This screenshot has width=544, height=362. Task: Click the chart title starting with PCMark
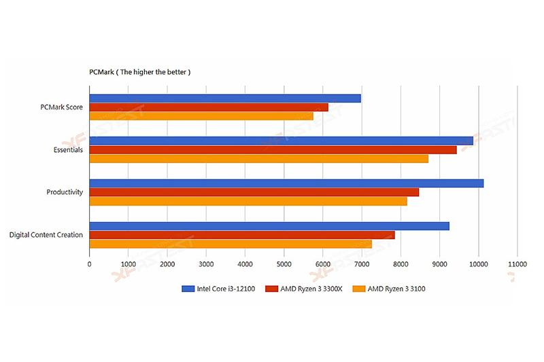coord(140,71)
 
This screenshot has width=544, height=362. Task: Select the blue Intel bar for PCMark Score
coord(224,98)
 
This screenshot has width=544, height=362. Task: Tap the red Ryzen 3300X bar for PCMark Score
coord(208,107)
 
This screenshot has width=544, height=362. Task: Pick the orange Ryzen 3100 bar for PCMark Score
coord(201,116)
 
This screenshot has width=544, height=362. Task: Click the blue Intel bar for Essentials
coord(281,141)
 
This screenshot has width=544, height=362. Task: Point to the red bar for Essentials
coord(273,149)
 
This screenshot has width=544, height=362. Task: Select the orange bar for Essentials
coord(258,158)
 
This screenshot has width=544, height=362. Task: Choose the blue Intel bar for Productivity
coord(286,183)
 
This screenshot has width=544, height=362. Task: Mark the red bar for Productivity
coord(254,192)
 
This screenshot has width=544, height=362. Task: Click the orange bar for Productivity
coord(248,201)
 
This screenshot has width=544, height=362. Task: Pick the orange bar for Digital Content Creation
coord(231,244)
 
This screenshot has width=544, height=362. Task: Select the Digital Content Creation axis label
coord(46,235)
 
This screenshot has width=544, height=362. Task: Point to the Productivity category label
coord(65,192)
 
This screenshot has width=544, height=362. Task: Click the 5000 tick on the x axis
coord(284,264)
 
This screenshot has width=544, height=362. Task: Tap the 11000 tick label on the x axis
coord(517,264)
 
